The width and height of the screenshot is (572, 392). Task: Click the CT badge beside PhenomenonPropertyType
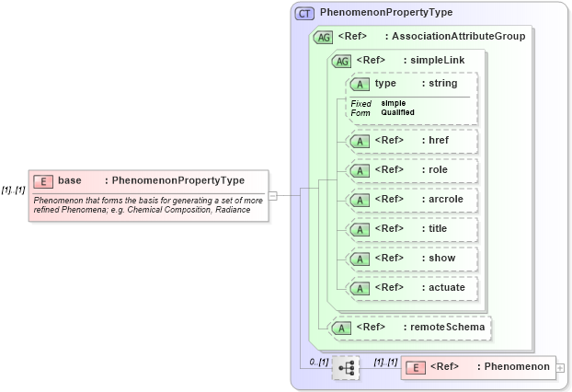(304, 14)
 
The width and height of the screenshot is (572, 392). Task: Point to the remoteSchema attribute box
(409, 327)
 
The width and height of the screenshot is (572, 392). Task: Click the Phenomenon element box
(478, 367)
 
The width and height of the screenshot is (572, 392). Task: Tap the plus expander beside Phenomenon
(560, 368)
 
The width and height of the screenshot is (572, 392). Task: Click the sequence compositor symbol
(346, 368)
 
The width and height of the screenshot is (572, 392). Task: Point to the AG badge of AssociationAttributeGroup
(323, 37)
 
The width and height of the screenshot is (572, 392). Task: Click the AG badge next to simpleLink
(341, 61)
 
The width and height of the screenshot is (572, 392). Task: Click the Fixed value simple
(394, 103)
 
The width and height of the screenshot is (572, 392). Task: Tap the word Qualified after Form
(398, 112)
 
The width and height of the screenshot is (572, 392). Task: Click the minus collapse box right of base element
(272, 195)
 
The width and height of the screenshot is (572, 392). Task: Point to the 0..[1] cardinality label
(318, 361)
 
